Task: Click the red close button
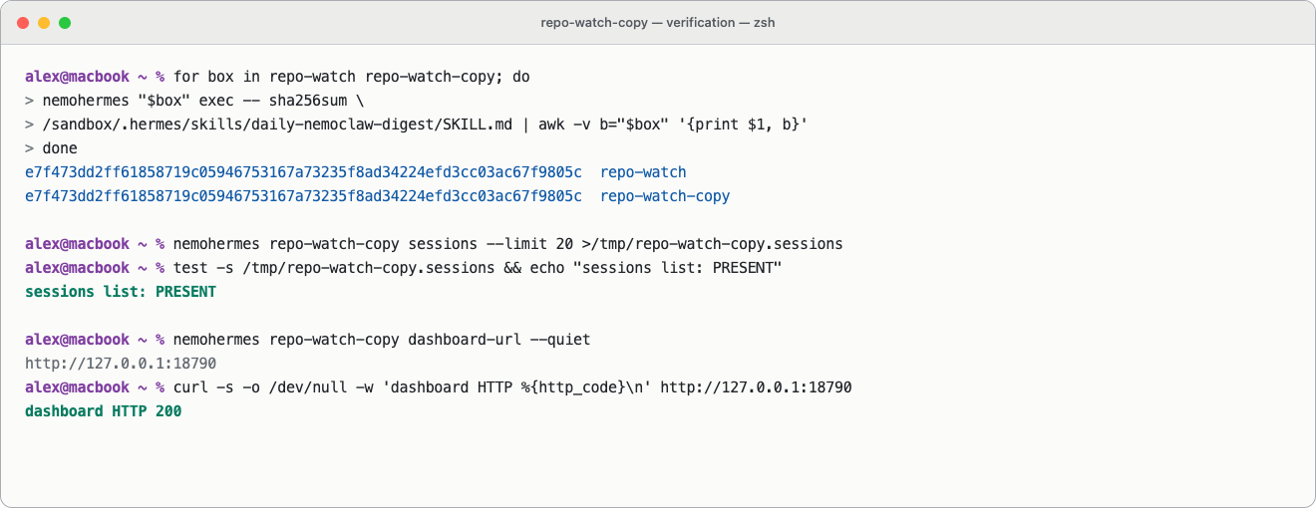(23, 23)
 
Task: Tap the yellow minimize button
(44, 23)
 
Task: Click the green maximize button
(65, 23)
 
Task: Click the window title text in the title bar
(657, 22)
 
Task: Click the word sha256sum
(308, 101)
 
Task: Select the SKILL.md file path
(277, 125)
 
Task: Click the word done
(60, 148)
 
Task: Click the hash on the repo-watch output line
(303, 172)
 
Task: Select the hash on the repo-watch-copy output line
(303, 196)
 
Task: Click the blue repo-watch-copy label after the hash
(665, 196)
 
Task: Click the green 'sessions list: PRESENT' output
(121, 292)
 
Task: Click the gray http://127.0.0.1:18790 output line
(121, 364)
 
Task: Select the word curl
(190, 387)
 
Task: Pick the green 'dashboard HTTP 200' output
(104, 411)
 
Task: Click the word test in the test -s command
(190, 268)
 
